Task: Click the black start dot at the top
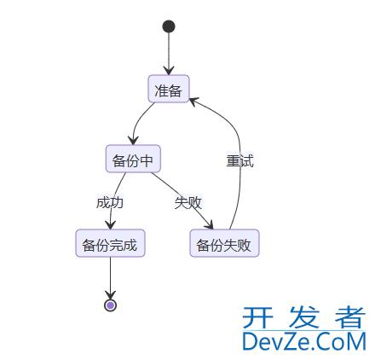coord(169,26)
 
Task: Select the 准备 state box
coord(169,89)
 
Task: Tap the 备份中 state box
coord(133,159)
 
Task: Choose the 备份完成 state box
coord(110,243)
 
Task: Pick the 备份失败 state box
coord(224,243)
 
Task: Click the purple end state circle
coord(110,305)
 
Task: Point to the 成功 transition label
coord(110,203)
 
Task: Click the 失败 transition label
coord(188,203)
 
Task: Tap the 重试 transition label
coord(239,161)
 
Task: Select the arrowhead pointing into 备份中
coord(133,141)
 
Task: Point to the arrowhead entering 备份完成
coord(110,225)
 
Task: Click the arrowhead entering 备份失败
coord(209,225)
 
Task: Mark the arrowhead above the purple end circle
coord(110,295)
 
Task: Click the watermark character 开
coord(257,317)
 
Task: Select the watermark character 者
coord(350,317)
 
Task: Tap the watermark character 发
coord(303,317)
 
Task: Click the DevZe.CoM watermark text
coord(304,341)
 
